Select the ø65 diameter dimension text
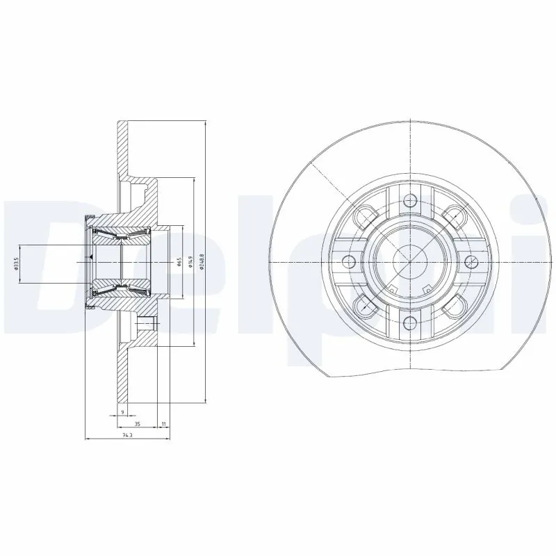pos(179,261)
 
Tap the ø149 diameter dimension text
pos(189,261)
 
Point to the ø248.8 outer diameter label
pos(202,261)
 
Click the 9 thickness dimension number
pos(122,412)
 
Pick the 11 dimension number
pos(163,423)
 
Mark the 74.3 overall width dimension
pos(126,435)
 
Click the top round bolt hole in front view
pos(410,201)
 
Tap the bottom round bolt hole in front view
pos(410,320)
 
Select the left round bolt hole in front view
pos(350,261)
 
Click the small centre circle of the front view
pos(410,261)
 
